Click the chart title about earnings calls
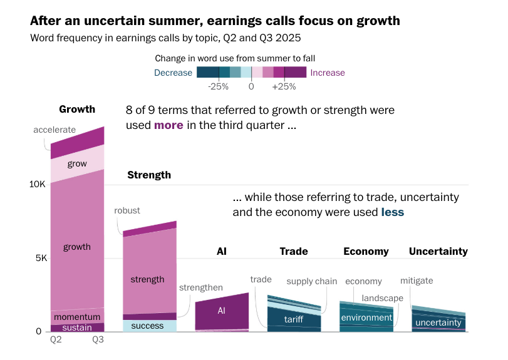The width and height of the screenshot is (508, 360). pyautogui.click(x=215, y=21)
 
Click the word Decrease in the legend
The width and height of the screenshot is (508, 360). pyautogui.click(x=173, y=73)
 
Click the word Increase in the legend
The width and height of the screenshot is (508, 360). pyautogui.click(x=328, y=73)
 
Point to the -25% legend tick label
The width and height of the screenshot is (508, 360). pyautogui.click(x=218, y=86)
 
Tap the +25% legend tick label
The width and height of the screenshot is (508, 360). pyautogui.click(x=284, y=86)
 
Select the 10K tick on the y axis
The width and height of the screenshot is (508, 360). pyautogui.click(x=38, y=185)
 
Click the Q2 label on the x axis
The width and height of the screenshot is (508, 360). pyautogui.click(x=56, y=340)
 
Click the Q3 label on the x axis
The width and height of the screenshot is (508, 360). pyautogui.click(x=98, y=340)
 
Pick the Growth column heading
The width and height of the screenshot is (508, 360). pyautogui.click(x=77, y=110)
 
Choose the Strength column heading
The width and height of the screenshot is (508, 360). pyautogui.click(x=149, y=175)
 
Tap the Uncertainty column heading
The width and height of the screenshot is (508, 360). pyautogui.click(x=438, y=252)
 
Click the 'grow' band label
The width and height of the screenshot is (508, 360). pyautogui.click(x=77, y=164)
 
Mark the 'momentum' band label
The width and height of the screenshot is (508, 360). pyautogui.click(x=77, y=317)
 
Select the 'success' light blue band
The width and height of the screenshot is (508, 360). pyautogui.click(x=148, y=326)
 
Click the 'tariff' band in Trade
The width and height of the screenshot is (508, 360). pyautogui.click(x=294, y=319)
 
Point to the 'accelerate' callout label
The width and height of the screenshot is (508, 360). pyautogui.click(x=54, y=130)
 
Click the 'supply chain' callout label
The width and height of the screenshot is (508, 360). pyautogui.click(x=312, y=281)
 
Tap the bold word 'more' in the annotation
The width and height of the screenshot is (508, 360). pyautogui.click(x=168, y=125)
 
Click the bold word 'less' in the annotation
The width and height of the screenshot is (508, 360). pyautogui.click(x=393, y=212)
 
